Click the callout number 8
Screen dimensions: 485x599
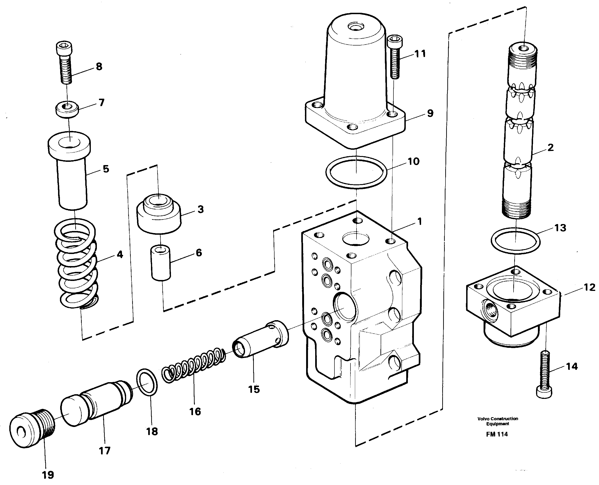tap(99, 67)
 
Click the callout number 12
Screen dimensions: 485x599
tap(589, 287)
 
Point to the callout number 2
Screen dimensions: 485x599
tap(550, 147)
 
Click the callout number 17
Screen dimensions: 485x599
tap(105, 451)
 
